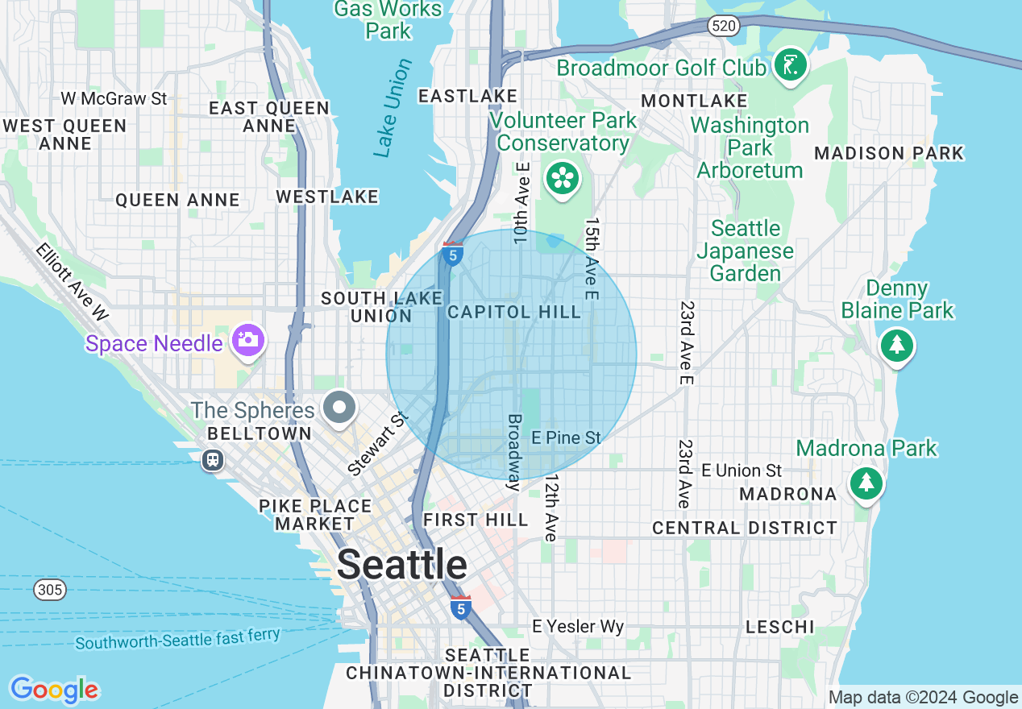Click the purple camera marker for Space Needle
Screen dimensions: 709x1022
click(x=248, y=341)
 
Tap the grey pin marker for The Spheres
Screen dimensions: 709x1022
click(x=340, y=408)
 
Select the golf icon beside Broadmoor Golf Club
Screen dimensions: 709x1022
click(x=790, y=66)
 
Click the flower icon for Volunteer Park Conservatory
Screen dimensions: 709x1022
click(x=563, y=179)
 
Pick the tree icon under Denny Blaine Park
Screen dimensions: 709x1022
click(x=896, y=346)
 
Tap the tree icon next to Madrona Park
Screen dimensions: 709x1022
click(x=866, y=483)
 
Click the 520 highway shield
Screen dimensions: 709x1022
click(x=723, y=27)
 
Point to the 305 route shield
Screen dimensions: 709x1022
click(x=49, y=591)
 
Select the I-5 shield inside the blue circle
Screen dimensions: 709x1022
click(x=452, y=255)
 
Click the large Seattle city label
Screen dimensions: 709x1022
click(x=401, y=565)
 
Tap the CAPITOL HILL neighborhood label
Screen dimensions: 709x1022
click(x=513, y=312)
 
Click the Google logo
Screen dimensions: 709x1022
click(x=54, y=690)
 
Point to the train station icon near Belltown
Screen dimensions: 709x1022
click(x=213, y=460)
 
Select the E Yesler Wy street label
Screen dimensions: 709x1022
click(x=578, y=626)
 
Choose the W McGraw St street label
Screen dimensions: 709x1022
click(x=114, y=98)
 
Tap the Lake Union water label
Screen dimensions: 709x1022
click(x=393, y=108)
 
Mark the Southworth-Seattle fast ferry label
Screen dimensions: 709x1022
click(x=177, y=639)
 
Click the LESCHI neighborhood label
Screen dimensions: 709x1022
click(x=779, y=627)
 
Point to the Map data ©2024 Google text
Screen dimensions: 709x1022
click(x=923, y=698)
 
